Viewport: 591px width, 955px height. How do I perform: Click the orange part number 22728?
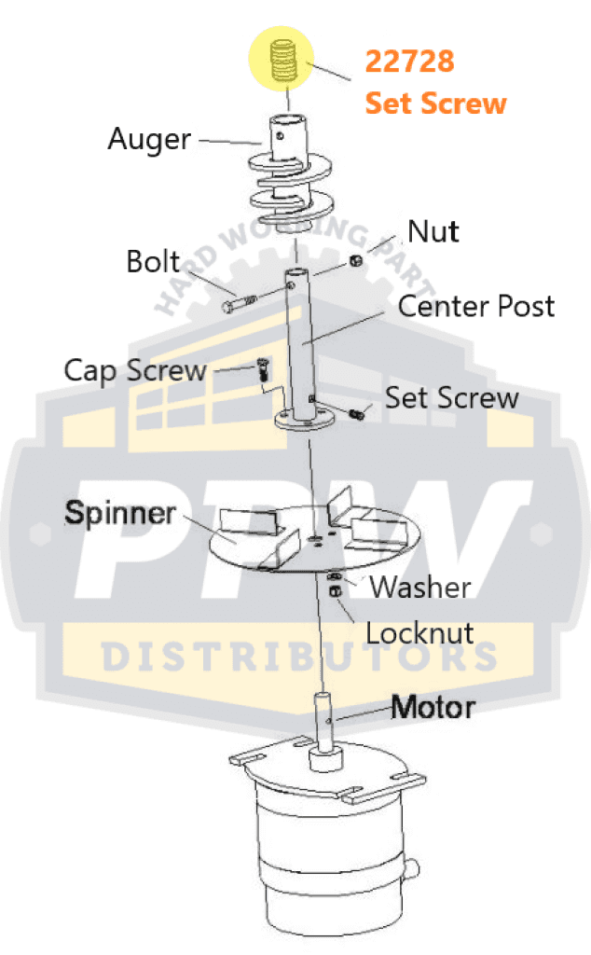click(x=409, y=62)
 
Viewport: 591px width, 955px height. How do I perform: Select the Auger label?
click(x=149, y=140)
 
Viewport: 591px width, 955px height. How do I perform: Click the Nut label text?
click(x=433, y=230)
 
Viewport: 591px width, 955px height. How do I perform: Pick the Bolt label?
click(x=153, y=261)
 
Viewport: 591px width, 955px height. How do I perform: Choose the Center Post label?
click(x=476, y=306)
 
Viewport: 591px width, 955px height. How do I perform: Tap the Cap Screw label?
click(x=134, y=370)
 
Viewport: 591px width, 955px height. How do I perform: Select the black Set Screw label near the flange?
click(x=452, y=398)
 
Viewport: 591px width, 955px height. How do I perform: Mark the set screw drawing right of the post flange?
click(x=355, y=411)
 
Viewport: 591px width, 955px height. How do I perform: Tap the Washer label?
click(x=419, y=588)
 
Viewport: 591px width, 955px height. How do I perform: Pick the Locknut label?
click(x=419, y=633)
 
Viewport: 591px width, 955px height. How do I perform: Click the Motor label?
click(x=433, y=707)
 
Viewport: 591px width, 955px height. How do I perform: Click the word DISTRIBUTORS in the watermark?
click(x=298, y=656)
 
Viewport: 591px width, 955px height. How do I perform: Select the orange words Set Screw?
click(x=435, y=103)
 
